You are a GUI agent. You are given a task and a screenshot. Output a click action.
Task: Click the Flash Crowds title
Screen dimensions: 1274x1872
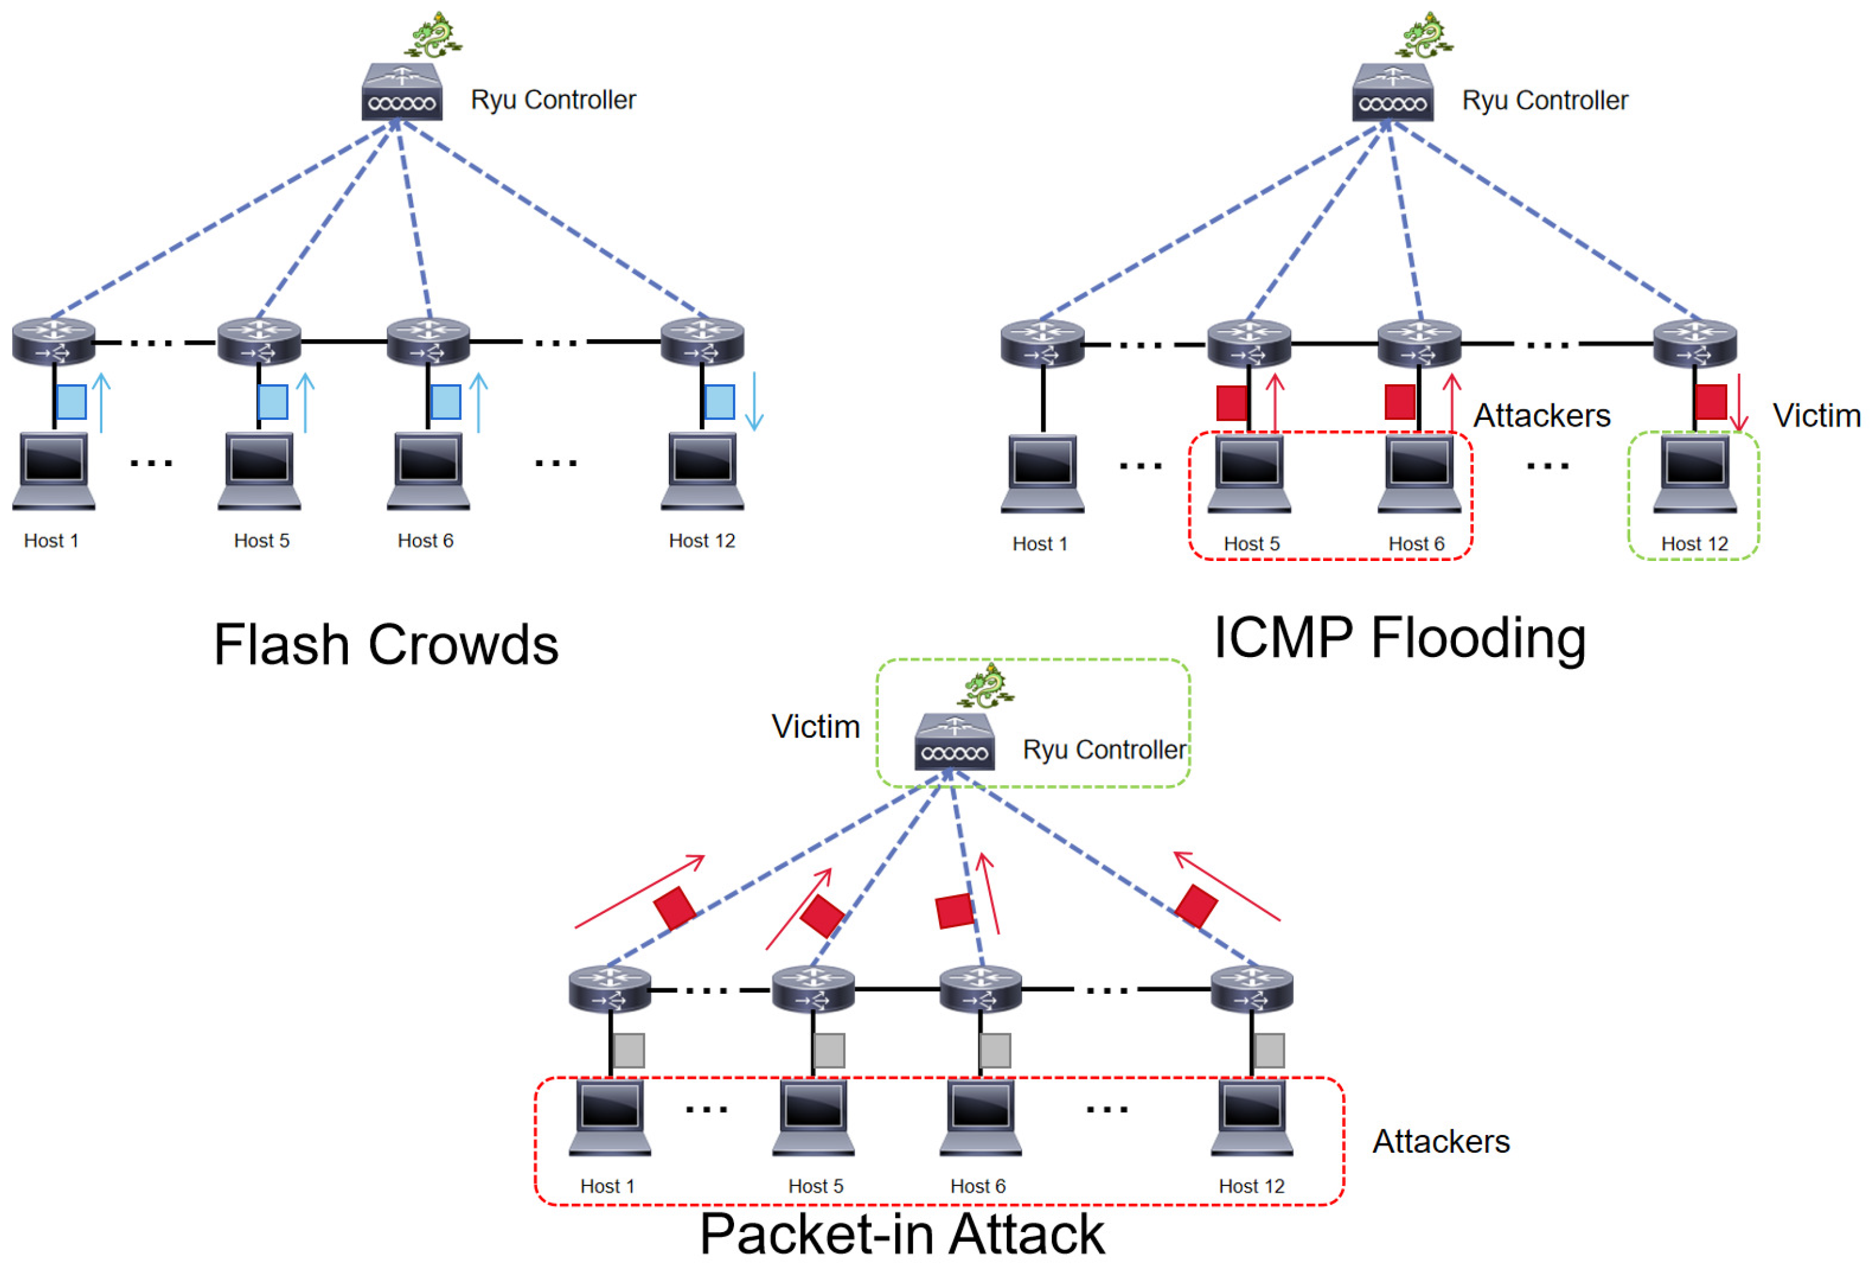(386, 645)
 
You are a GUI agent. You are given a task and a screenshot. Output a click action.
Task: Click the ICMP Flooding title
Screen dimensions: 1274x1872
(1399, 638)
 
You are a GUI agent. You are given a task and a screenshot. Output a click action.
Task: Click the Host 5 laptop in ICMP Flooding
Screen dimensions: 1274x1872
(1249, 473)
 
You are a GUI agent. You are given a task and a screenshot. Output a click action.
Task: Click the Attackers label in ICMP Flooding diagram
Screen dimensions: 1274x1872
(1541, 416)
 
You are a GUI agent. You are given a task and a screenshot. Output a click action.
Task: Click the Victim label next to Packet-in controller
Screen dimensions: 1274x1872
(815, 727)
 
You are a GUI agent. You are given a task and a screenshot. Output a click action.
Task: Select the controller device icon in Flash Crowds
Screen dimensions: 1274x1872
(401, 92)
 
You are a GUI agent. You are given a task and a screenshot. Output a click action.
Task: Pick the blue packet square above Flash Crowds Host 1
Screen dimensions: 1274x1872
(71, 401)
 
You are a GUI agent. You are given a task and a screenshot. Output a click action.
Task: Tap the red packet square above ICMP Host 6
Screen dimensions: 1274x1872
(1400, 401)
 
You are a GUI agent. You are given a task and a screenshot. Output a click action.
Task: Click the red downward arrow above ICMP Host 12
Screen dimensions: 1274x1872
(1739, 402)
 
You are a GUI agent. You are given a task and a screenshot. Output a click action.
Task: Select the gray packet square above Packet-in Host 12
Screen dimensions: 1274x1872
(1269, 1050)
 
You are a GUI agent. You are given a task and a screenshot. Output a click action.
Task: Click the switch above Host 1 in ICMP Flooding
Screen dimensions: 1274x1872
(1042, 343)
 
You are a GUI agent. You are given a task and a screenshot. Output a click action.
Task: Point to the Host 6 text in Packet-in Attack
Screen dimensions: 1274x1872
(977, 1186)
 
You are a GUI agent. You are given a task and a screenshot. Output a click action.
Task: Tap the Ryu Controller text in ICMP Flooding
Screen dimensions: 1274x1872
(1544, 101)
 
